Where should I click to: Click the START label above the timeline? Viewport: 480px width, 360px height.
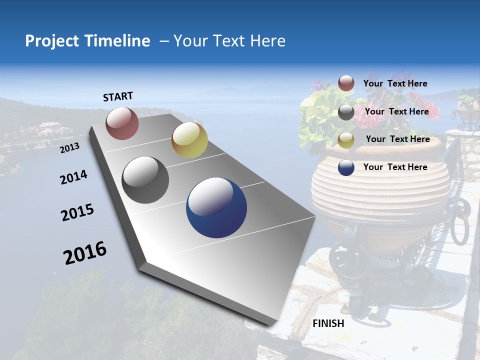pyautogui.click(x=118, y=96)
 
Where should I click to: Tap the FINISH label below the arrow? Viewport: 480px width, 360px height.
pyautogui.click(x=328, y=323)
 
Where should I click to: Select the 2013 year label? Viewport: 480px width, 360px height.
pyautogui.click(x=69, y=148)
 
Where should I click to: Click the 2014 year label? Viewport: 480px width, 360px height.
pyautogui.click(x=73, y=177)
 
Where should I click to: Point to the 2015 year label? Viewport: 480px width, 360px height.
pyautogui.click(x=77, y=212)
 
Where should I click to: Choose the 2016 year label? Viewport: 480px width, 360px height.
pyautogui.click(x=85, y=253)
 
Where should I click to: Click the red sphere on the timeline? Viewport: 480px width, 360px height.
pyautogui.click(x=122, y=123)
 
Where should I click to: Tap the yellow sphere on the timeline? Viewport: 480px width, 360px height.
pyautogui.click(x=189, y=140)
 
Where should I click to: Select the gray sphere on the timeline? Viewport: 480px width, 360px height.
pyautogui.click(x=145, y=180)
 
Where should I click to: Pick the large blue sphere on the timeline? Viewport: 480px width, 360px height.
pyautogui.click(x=216, y=207)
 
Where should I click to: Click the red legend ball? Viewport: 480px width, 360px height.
pyautogui.click(x=346, y=83)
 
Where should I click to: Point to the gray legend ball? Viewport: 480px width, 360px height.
pyautogui.click(x=346, y=112)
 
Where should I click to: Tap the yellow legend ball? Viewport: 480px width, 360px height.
pyautogui.click(x=346, y=140)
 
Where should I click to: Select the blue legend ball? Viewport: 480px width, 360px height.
pyautogui.click(x=346, y=167)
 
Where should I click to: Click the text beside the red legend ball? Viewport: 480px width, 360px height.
pyautogui.click(x=395, y=84)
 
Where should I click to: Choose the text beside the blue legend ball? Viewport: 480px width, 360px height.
pyautogui.click(x=395, y=167)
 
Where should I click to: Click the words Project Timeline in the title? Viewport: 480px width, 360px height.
pyautogui.click(x=87, y=41)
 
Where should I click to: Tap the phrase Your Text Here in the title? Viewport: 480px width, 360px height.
pyautogui.click(x=229, y=41)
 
